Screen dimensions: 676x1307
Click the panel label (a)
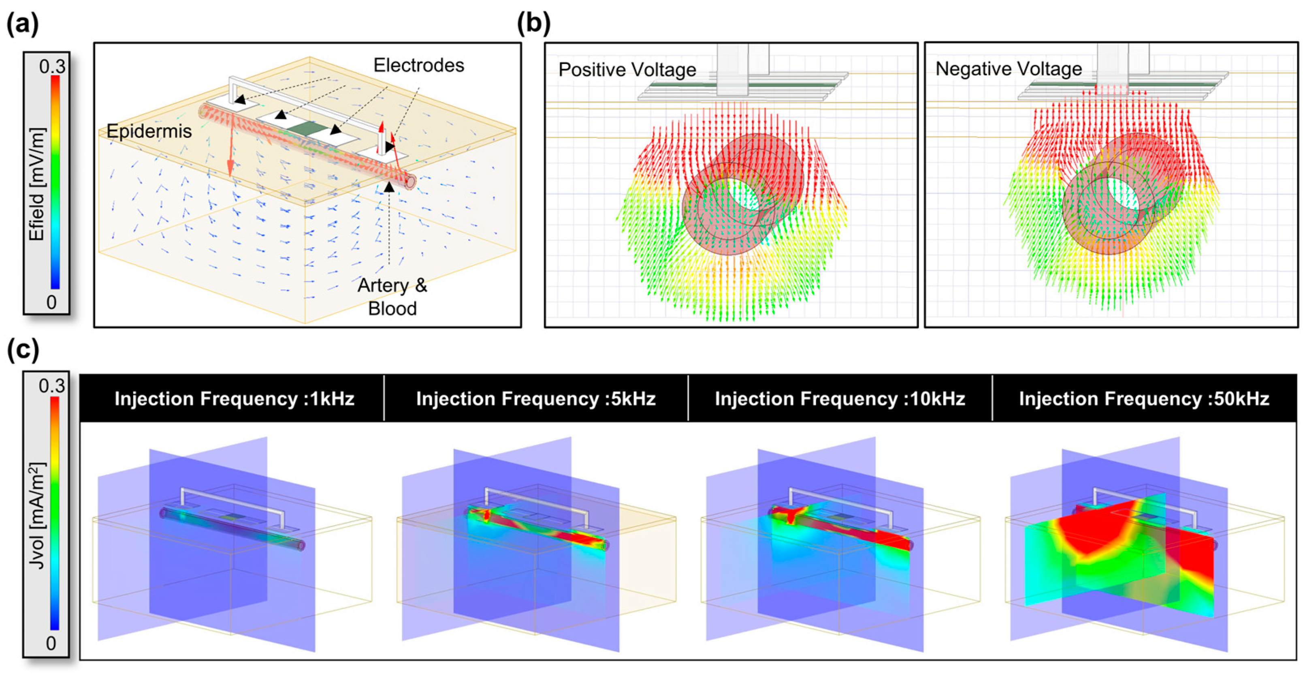22,24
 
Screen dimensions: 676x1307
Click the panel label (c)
22,350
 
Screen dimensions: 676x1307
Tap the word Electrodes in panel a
418,66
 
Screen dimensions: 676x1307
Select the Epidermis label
149,131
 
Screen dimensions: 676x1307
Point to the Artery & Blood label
392,297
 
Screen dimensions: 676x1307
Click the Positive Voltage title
627,70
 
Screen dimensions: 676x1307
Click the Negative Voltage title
1008,68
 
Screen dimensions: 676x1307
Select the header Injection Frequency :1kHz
235,399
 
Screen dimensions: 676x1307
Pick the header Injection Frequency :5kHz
536,399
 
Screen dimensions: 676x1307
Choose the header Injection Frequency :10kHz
840,399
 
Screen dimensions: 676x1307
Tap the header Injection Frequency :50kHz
1144,399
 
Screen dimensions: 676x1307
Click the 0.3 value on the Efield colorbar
52,66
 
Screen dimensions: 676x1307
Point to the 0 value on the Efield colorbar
52,302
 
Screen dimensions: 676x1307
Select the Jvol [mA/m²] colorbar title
37,515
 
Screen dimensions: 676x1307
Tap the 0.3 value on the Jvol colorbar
52,386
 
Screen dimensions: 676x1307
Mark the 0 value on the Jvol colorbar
51,644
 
